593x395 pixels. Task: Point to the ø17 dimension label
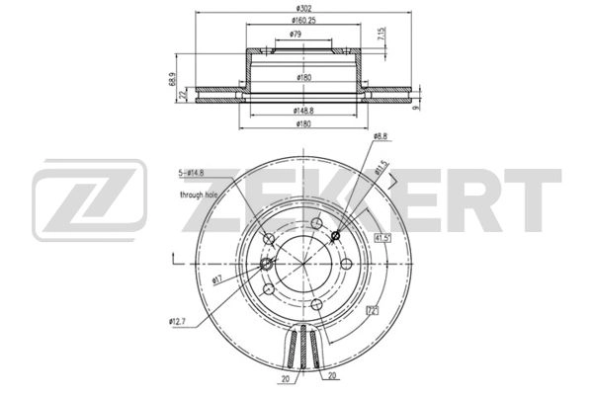tap(217, 279)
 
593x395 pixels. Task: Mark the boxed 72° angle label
tap(373, 312)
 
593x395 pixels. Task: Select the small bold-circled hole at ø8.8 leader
tap(336, 234)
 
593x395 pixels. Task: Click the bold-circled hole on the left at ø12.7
tap(267, 264)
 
